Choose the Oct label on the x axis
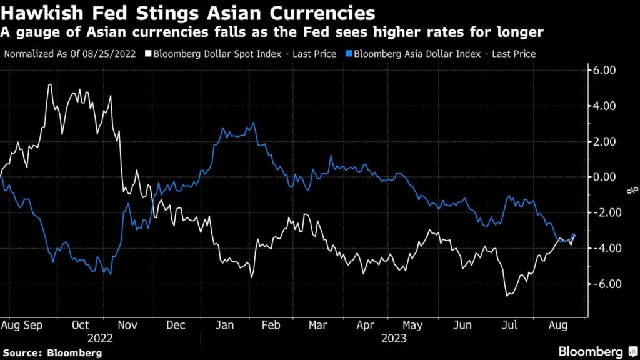click(79, 326)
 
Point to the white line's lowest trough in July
click(506, 295)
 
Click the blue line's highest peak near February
click(253, 123)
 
